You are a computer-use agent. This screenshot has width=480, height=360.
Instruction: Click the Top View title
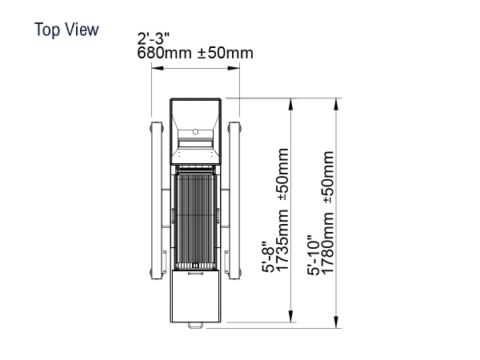(x=66, y=30)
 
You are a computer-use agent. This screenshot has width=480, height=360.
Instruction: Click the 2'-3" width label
(x=153, y=39)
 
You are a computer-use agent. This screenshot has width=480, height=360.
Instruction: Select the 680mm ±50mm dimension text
(x=195, y=53)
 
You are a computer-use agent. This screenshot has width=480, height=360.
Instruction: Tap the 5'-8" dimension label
(x=268, y=257)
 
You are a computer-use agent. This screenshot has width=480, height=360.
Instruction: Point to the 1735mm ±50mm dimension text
(x=282, y=210)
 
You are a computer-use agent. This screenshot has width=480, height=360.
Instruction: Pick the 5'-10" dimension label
(x=314, y=255)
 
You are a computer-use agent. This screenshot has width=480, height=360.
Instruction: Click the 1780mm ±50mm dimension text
(x=327, y=213)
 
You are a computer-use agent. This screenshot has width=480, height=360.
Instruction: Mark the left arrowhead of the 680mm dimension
(x=158, y=68)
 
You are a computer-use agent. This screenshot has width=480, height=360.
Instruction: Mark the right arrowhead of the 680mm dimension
(x=234, y=68)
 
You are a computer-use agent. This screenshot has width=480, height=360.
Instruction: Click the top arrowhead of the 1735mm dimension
(x=291, y=104)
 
